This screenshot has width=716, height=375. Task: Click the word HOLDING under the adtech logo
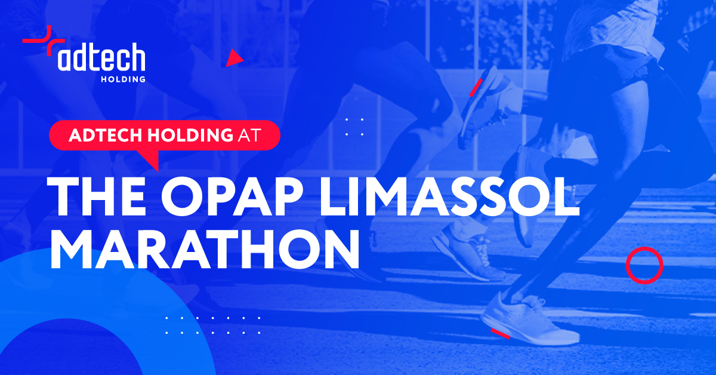123,79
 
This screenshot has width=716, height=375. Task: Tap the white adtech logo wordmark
101,57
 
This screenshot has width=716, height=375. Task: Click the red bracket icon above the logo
44,41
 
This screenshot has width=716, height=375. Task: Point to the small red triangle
234,59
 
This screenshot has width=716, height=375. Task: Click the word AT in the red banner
249,135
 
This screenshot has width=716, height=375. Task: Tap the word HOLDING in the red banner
190,135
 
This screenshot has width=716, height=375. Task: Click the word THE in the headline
96,196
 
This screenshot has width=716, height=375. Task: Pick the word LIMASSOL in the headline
450,196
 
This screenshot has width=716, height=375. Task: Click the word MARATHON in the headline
205,249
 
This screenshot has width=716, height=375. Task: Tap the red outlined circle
644,265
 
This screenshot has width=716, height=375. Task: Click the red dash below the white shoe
501,333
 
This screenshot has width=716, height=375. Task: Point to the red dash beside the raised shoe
476,88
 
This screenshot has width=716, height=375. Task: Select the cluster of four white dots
354,127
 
